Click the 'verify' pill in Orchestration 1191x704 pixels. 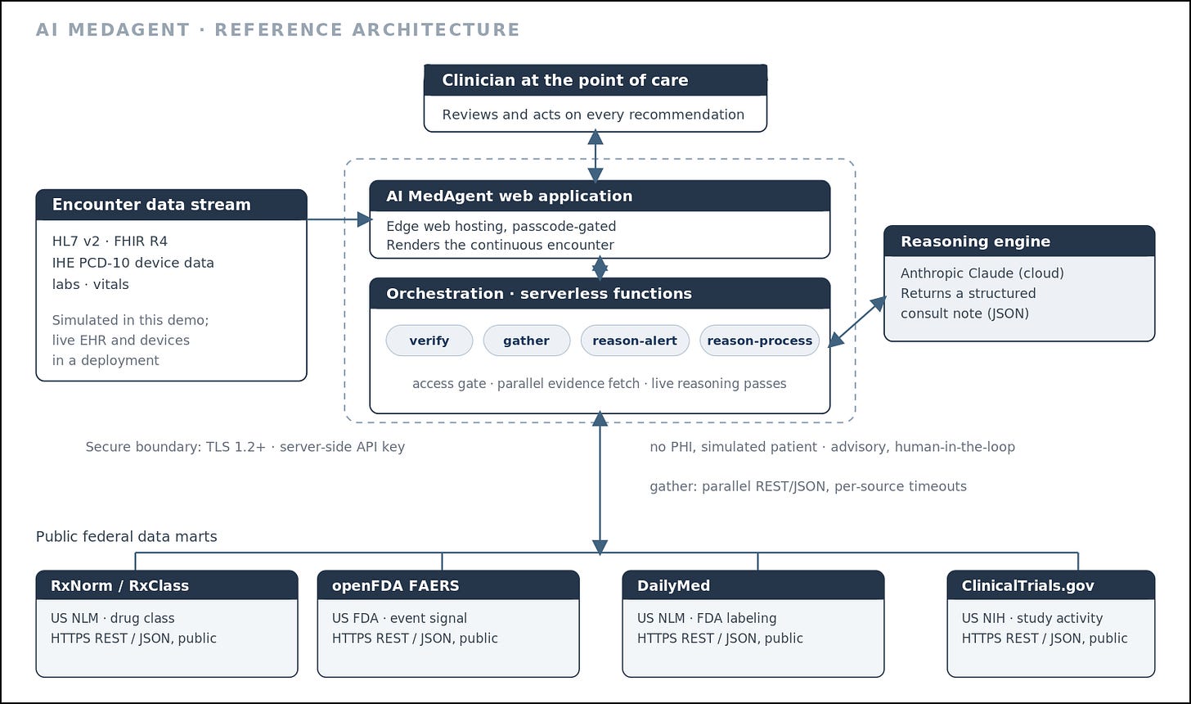429,341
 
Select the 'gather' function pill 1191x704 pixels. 527,341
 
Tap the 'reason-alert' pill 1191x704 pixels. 635,341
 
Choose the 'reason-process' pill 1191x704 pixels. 759,341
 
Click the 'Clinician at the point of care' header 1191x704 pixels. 564,80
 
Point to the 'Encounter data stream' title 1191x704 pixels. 151,205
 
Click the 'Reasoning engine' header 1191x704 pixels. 975,241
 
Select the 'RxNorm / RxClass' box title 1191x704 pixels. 119,586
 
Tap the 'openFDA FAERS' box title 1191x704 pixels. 396,586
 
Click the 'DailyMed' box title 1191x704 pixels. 674,586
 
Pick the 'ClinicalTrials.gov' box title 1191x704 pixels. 1027,586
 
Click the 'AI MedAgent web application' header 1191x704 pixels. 510,196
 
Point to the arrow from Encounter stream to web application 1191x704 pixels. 339,219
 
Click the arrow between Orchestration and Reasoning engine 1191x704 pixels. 857,322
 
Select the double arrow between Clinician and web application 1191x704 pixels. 595,156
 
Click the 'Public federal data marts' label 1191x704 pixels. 127,536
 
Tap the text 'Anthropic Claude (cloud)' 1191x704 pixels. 982,273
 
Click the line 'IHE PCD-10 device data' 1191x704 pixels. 133,263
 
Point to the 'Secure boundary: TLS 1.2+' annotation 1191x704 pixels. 175,447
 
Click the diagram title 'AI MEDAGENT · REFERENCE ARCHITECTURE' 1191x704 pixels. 277,29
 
